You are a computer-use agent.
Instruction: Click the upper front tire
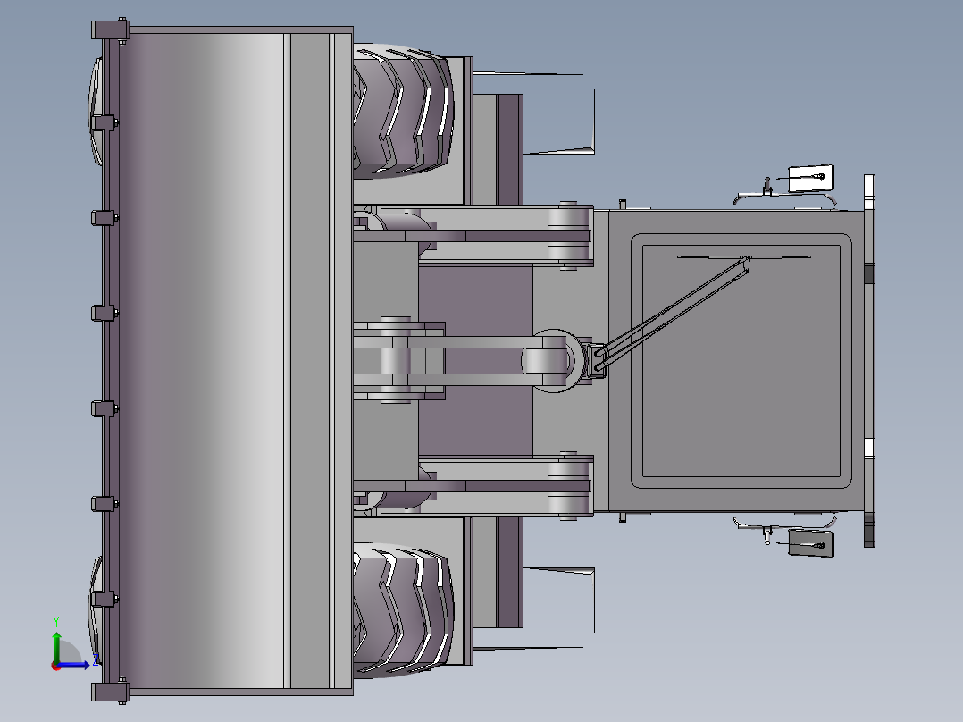click(x=404, y=111)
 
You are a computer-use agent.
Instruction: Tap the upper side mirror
click(x=810, y=178)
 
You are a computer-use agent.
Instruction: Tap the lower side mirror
click(x=811, y=543)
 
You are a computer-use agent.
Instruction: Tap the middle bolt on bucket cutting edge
click(x=105, y=313)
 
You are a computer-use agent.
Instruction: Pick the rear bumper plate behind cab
click(x=869, y=357)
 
